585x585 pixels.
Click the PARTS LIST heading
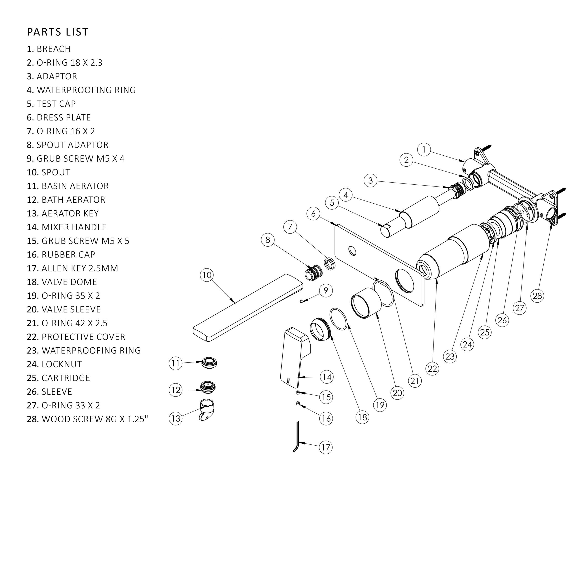(58, 32)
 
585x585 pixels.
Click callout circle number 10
(207, 275)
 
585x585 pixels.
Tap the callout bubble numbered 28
(537, 296)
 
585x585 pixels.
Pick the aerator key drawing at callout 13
(207, 410)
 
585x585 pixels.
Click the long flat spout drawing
(248, 308)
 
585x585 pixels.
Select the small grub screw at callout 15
(298, 393)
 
